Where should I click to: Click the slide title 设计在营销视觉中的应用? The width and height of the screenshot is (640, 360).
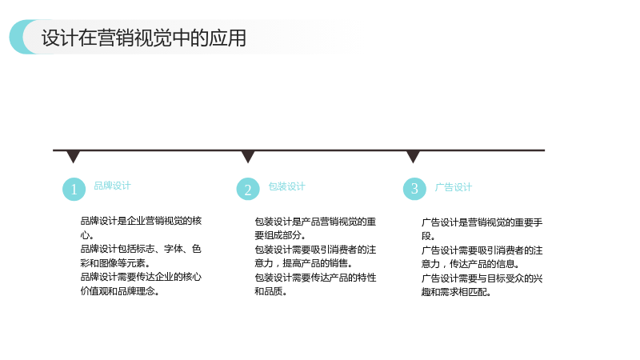point(144,38)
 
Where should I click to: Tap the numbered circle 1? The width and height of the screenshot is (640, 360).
point(74,189)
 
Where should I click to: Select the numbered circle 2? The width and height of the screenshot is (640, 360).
point(248,189)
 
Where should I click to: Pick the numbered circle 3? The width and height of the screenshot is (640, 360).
point(414,189)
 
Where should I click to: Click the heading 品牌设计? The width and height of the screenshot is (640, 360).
point(112,186)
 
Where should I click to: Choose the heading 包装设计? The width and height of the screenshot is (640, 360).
point(286,186)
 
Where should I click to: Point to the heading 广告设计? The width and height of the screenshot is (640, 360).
point(453,187)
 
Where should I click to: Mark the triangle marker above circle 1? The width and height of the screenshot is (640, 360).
point(73,156)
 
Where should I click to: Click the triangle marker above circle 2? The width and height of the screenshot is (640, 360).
point(248,156)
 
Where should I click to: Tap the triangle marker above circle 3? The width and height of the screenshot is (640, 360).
point(413,156)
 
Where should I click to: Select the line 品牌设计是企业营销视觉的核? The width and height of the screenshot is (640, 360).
point(141,221)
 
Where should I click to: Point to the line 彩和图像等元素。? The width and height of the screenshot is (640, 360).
point(115,263)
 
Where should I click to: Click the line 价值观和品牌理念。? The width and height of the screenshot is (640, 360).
point(119,291)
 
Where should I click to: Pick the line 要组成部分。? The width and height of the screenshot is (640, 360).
point(280,235)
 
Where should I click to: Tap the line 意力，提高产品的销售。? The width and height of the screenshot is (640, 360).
point(303,263)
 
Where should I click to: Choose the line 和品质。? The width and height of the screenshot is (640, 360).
point(270,291)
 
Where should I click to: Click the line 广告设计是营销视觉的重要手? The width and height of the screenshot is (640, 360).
point(482,222)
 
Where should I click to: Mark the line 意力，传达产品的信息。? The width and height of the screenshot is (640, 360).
point(470,264)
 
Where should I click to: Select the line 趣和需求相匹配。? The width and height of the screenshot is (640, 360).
point(456,292)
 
